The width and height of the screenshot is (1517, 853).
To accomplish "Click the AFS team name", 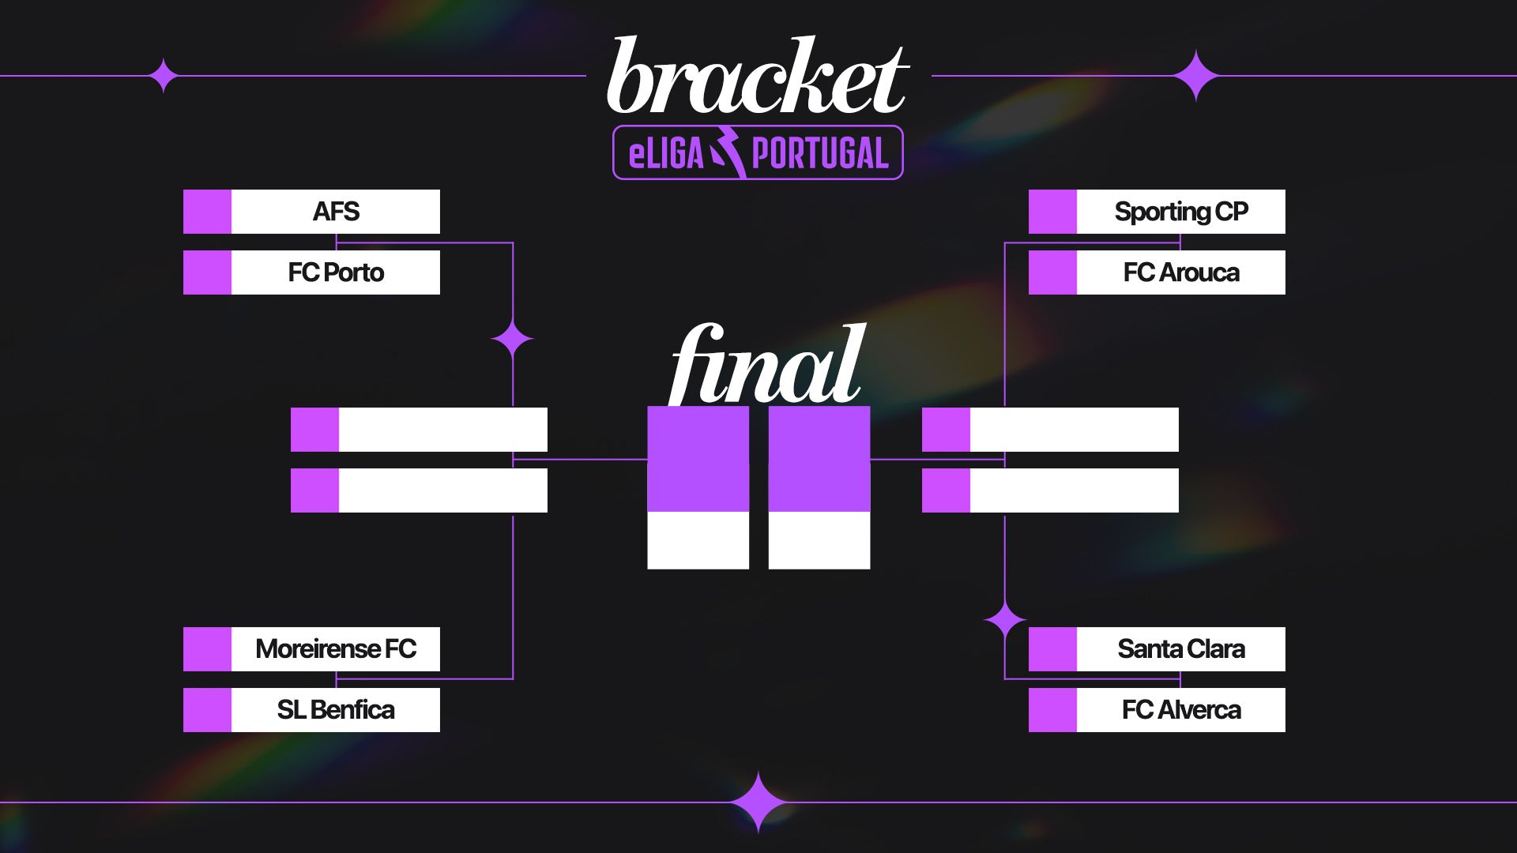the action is coord(336,212).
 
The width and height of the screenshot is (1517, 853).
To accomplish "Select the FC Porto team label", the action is coord(336,272).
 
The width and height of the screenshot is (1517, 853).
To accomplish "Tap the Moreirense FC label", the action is coord(336,649).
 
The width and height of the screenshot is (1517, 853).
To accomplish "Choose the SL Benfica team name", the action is coord(336,710).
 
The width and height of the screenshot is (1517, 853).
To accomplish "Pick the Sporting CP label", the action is coord(1181,212).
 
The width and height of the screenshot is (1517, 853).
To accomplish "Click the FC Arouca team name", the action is coord(1181,272).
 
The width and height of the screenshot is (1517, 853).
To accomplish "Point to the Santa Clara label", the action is coord(1181,649).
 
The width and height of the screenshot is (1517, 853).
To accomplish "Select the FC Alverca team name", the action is coord(1181,710).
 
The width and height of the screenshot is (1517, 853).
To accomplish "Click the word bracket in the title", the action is coord(758,77).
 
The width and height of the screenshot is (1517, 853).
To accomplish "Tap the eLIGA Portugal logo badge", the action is coord(758,152).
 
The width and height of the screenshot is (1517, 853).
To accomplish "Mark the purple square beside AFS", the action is coord(207,212).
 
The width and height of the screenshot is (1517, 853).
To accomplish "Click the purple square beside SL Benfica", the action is coord(207,710).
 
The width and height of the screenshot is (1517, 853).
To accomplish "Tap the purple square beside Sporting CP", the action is coord(1052,212).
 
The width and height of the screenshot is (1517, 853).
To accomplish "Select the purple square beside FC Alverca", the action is coord(1052,710).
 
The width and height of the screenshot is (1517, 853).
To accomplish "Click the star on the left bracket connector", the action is coord(513,340).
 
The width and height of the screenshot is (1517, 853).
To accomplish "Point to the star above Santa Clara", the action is coord(1005,622).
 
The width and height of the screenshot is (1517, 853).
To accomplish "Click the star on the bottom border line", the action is coord(758,802).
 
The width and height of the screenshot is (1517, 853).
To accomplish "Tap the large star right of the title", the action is coord(1196,76).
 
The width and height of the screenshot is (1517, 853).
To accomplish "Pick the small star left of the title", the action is coord(164,76).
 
